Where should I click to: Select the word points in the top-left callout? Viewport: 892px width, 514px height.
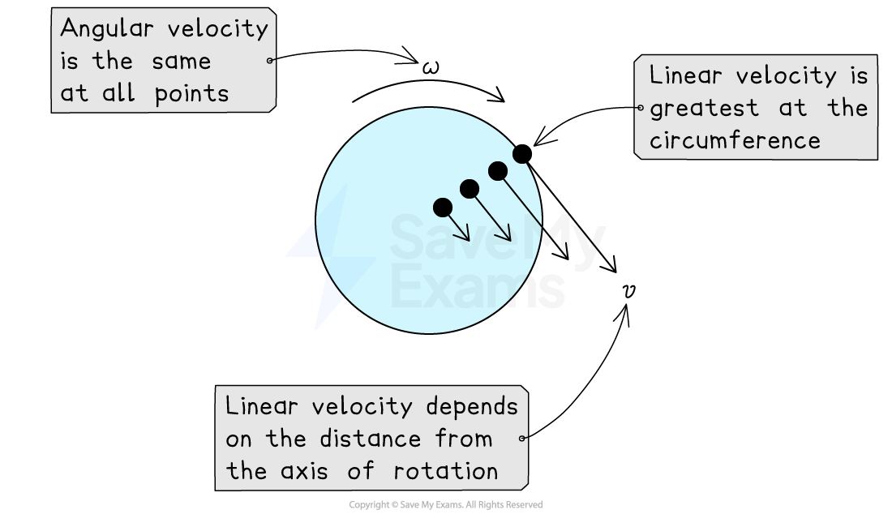tap(192, 93)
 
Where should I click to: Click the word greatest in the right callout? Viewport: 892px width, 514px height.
tap(705, 109)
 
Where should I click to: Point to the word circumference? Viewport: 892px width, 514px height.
tap(735, 140)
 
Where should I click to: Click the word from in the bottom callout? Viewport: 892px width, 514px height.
tap(464, 439)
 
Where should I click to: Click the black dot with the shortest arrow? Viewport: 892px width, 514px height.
tap(443, 207)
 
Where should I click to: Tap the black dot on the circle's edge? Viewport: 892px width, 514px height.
tap(522, 154)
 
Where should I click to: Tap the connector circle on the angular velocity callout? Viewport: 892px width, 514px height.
tap(271, 60)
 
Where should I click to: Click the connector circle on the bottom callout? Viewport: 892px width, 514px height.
tap(522, 439)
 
